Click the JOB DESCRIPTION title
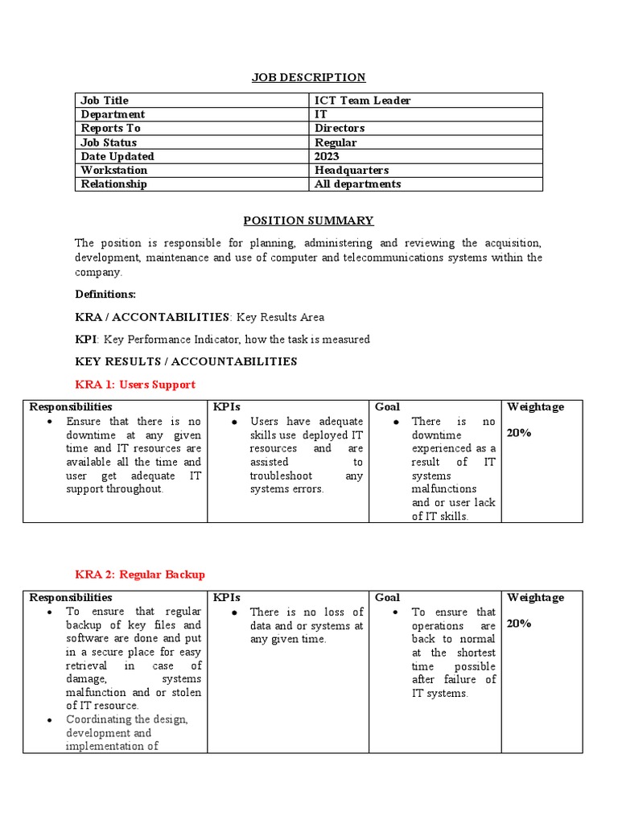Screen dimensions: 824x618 click(x=308, y=77)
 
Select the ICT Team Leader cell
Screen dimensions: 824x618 click(x=363, y=101)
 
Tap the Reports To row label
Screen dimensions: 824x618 click(x=111, y=128)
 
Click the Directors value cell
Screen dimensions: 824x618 click(x=340, y=128)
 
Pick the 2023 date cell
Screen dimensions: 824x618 click(x=327, y=156)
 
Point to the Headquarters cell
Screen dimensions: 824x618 click(x=352, y=170)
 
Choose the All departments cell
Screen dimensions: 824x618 click(x=357, y=183)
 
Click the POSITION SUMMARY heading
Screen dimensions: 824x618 click(x=308, y=220)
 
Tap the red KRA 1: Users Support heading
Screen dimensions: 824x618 click(x=135, y=385)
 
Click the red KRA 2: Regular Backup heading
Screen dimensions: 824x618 click(x=140, y=575)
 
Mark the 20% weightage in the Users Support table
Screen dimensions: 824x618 click(x=519, y=433)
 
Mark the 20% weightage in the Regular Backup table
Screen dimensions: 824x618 click(x=519, y=624)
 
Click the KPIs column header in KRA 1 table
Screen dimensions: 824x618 click(x=227, y=407)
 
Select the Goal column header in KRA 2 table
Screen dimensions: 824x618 click(x=387, y=598)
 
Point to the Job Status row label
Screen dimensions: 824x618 click(x=109, y=142)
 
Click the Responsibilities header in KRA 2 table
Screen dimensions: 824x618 click(x=71, y=598)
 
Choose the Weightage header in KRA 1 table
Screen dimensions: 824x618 click(x=535, y=407)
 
